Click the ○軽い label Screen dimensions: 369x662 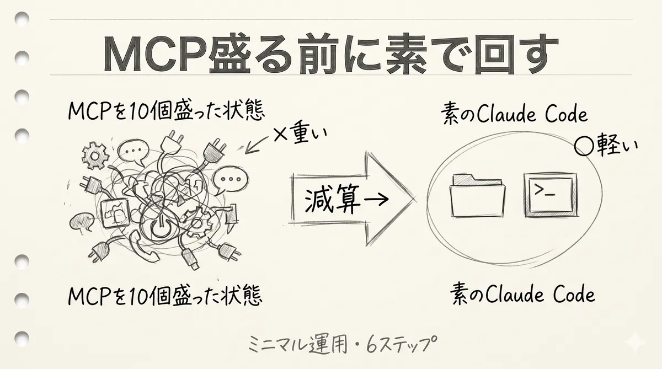(x=606, y=146)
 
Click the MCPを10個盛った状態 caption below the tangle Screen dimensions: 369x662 (x=165, y=296)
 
